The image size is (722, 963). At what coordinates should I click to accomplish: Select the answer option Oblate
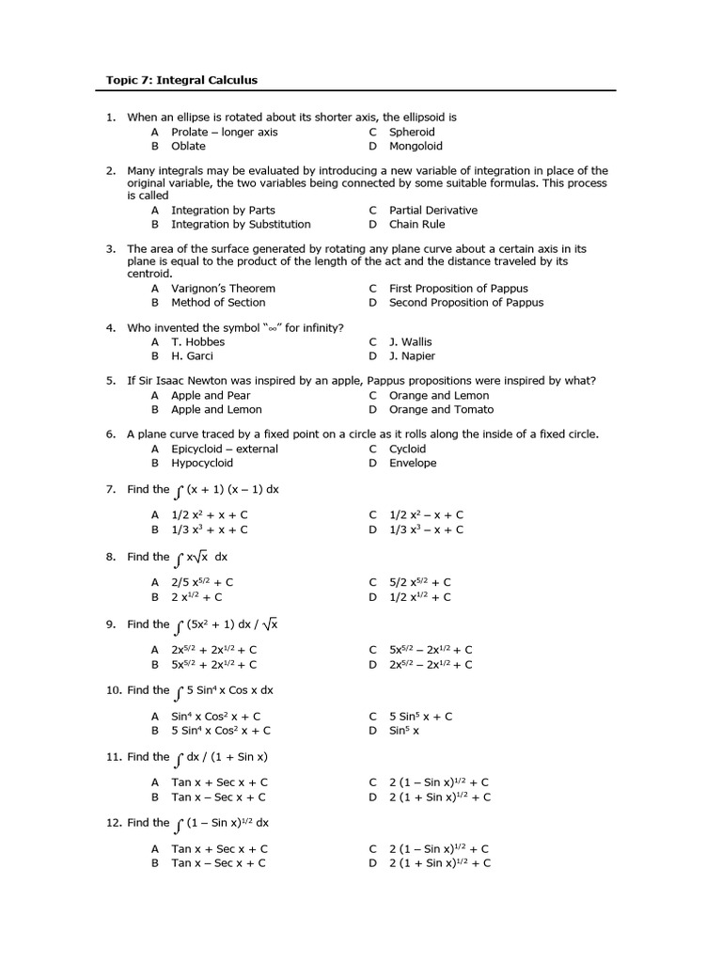[x=188, y=147]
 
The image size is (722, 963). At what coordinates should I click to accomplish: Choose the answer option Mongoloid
[x=416, y=147]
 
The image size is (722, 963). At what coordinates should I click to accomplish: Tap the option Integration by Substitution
[x=241, y=225]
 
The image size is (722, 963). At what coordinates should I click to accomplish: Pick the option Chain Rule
[x=417, y=225]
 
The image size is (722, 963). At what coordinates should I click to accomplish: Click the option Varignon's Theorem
[x=223, y=289]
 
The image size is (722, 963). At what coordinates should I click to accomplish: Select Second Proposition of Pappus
[x=466, y=303]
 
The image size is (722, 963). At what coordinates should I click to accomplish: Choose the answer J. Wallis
[x=411, y=342]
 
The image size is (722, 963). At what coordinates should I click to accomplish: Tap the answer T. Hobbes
[x=197, y=342]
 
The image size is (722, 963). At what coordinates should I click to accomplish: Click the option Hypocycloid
[x=202, y=464]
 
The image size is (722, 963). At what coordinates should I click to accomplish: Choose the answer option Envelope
[x=413, y=464]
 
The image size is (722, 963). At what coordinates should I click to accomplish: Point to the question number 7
[x=110, y=490]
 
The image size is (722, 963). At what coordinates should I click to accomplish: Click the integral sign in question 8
[x=179, y=558]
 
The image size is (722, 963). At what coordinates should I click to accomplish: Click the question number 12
[x=112, y=823]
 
